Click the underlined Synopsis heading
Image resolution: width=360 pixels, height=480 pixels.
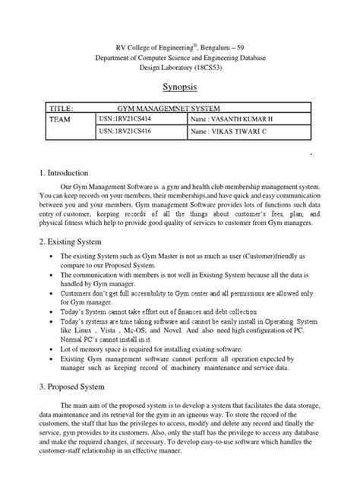click(179, 87)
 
